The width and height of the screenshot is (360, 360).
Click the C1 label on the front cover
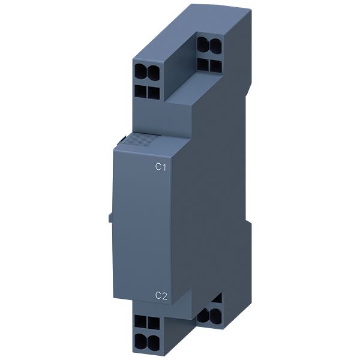tap(160, 167)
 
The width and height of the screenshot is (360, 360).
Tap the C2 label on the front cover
tap(161, 295)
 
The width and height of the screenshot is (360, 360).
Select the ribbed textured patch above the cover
tap(140, 140)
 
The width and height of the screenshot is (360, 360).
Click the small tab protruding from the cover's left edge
tap(110, 218)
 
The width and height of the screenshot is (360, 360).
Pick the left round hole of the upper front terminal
tap(140, 72)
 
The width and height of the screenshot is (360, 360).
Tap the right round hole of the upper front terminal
tap(154, 73)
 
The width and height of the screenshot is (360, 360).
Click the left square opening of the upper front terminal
tap(140, 91)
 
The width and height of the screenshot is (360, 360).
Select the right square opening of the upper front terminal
tap(154, 93)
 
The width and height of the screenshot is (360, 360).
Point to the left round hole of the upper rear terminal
tap(202, 44)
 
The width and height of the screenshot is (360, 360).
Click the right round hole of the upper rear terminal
tap(215, 45)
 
